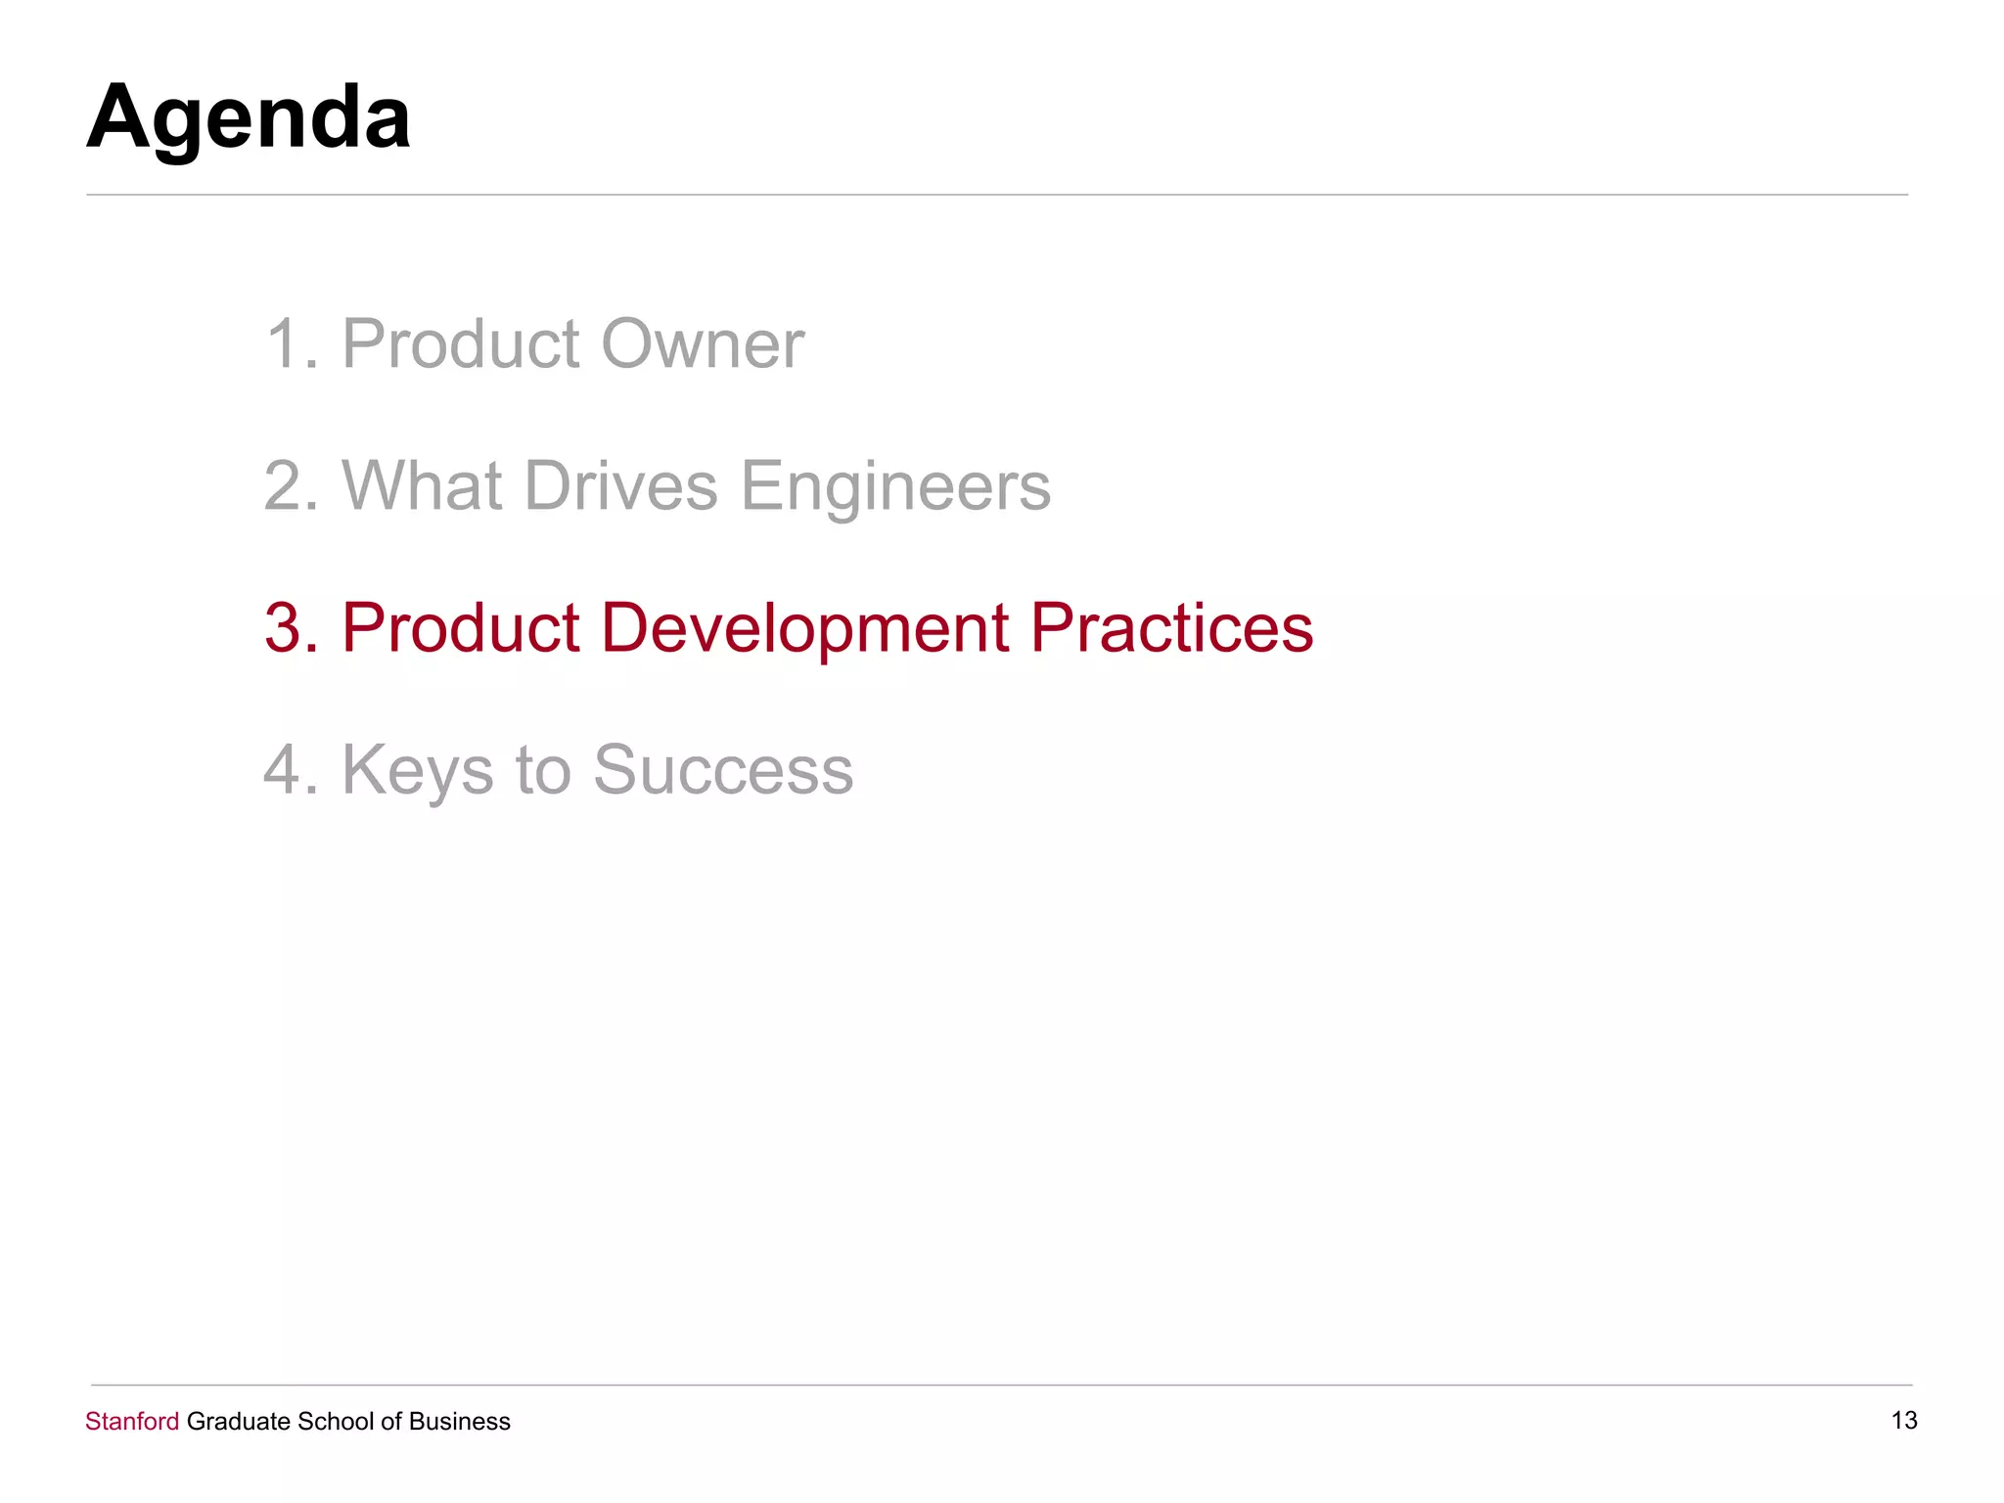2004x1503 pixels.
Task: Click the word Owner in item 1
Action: coord(702,344)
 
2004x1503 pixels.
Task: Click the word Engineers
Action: coord(894,486)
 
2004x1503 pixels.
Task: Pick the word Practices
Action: coord(1171,628)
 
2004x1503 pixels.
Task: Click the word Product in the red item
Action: coord(460,628)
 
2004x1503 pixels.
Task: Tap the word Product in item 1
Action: coord(460,344)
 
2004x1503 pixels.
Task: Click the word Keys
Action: coord(417,770)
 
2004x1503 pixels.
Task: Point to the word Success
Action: coord(723,770)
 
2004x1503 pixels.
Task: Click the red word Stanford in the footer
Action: coord(132,1421)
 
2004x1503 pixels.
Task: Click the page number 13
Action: coord(1904,1420)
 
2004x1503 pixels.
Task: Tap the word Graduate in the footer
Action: coord(238,1421)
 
